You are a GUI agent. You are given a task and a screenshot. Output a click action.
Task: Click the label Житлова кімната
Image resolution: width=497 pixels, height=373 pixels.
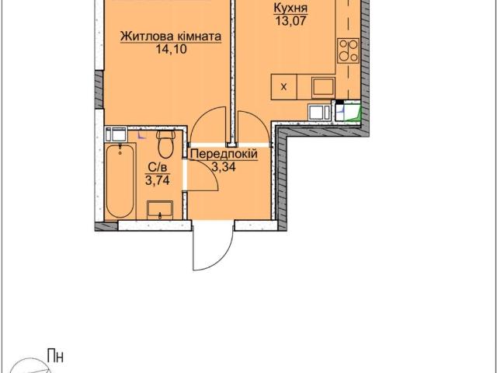point(171,37)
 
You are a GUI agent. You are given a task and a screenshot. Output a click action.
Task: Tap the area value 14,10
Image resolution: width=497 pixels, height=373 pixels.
point(171,50)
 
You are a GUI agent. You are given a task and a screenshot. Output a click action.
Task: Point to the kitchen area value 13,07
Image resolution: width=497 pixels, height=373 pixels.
point(290,21)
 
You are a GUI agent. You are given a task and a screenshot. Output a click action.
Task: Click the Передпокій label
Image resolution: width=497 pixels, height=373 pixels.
point(224,155)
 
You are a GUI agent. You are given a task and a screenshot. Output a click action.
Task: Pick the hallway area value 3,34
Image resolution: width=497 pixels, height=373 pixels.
point(224,167)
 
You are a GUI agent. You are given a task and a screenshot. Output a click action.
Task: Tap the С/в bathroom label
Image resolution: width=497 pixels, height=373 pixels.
point(158,168)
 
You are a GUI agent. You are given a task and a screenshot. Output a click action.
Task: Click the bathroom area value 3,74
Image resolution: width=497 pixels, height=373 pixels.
point(158,180)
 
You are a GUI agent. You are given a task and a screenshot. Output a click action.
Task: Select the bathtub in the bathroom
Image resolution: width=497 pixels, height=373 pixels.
point(120,181)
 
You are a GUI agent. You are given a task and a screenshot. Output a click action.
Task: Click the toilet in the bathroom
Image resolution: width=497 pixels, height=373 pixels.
point(165,145)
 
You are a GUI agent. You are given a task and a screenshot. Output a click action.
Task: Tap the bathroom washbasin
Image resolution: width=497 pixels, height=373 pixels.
point(160,210)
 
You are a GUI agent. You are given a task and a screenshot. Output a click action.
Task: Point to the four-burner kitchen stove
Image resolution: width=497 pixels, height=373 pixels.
point(348,51)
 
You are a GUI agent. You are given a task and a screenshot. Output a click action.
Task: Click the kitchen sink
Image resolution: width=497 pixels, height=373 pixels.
point(323,88)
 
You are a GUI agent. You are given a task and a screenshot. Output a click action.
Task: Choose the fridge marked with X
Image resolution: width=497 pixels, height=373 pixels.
point(283,87)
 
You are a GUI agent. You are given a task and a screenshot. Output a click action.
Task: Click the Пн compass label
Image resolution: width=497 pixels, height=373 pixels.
point(55,356)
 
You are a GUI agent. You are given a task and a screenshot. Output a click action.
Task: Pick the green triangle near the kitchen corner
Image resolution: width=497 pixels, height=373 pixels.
point(357,114)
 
